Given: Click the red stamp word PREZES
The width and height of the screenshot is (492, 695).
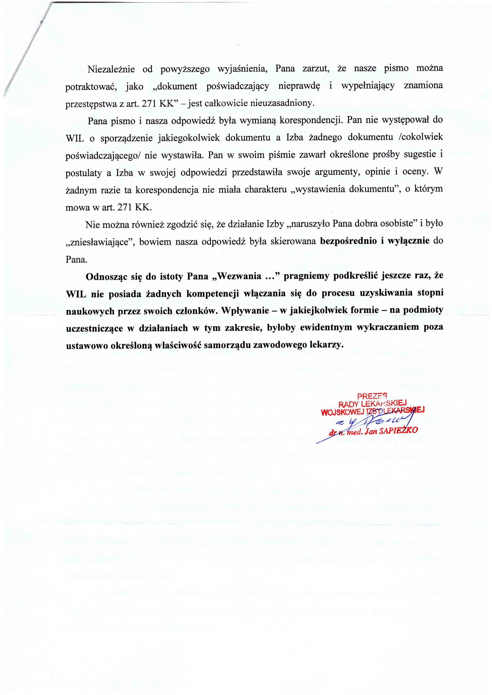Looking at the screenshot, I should [372, 395].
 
